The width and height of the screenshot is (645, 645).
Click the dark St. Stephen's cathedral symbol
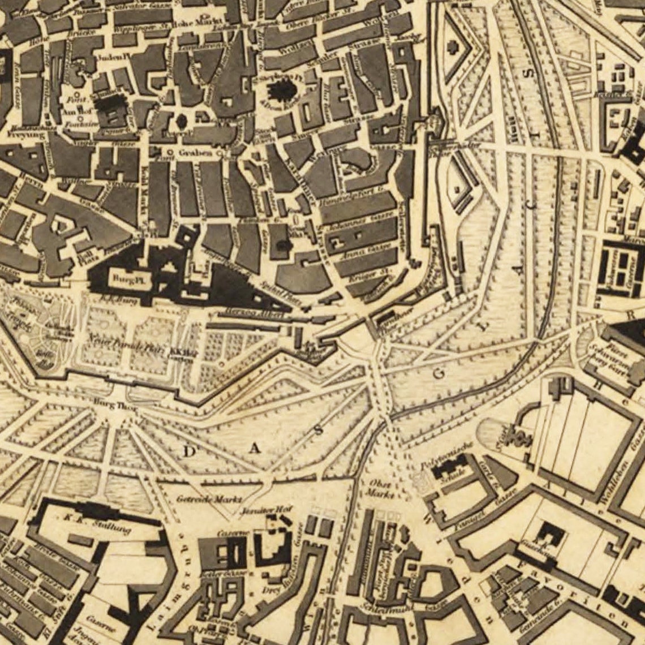[x=279, y=90]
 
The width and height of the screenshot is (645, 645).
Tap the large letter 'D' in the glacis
[x=190, y=451]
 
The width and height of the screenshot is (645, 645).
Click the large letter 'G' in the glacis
[x=442, y=375]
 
